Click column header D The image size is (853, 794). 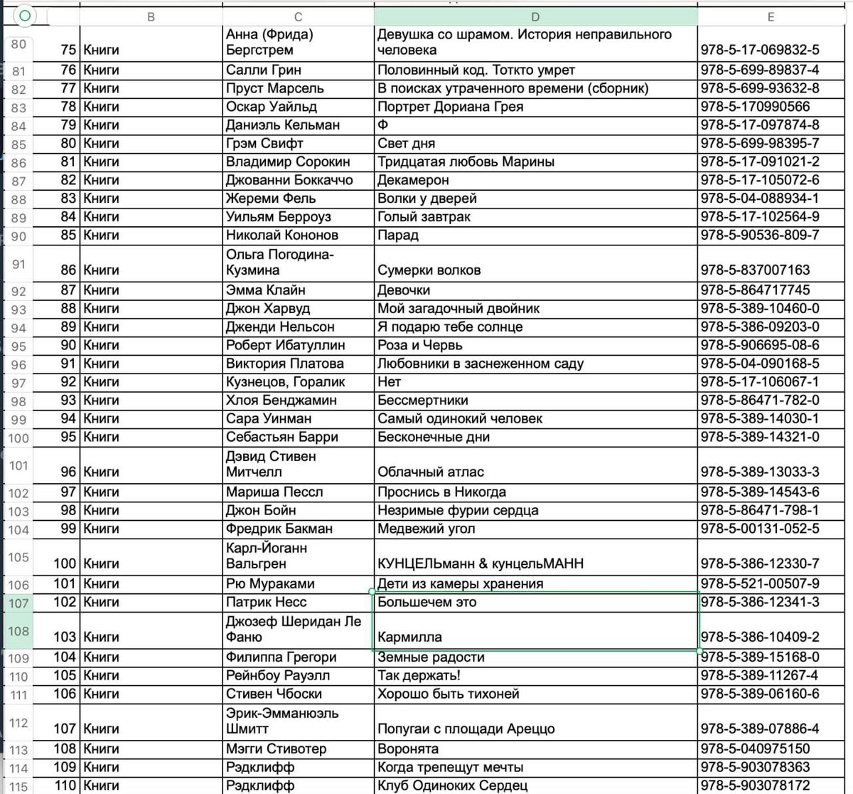(535, 17)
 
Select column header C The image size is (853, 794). (298, 17)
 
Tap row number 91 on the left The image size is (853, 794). (18, 264)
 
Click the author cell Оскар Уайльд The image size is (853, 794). (271, 107)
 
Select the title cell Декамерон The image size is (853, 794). (413, 180)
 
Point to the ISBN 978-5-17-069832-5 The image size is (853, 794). (759, 50)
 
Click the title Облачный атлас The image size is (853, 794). (431, 472)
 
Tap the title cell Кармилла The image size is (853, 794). (409, 637)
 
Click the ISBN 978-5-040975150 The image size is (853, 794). (754, 748)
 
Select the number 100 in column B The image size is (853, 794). (65, 563)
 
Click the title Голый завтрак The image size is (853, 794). (424, 216)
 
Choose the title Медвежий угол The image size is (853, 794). (426, 529)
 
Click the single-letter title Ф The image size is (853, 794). (382, 125)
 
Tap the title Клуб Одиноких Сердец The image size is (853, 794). (452, 785)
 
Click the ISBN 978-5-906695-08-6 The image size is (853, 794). (759, 345)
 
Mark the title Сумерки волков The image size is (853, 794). (429, 270)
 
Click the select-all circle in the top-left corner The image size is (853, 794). (25, 16)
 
